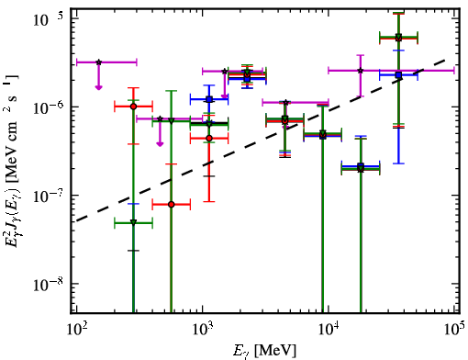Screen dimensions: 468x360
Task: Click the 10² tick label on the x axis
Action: pos(76,330)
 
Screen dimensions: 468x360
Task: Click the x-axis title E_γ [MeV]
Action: pos(264,351)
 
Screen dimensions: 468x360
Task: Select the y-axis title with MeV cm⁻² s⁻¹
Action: pos(13,159)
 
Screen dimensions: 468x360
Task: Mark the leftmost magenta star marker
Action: pos(98,62)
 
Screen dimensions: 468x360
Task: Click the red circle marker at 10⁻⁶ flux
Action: pos(133,107)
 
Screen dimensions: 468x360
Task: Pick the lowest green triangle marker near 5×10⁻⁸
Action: pos(133,222)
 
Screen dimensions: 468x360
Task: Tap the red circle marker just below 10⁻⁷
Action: pos(172,204)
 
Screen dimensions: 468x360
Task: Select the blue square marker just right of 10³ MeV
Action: pos(209,99)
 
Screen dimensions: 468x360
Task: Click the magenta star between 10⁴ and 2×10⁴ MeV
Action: pos(361,71)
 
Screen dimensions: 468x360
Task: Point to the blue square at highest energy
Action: pos(398,74)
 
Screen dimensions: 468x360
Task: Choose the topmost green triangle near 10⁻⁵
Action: pos(398,37)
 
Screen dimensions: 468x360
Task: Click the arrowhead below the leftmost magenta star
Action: pos(98,87)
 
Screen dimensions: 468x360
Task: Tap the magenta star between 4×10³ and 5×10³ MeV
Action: pos(285,102)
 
